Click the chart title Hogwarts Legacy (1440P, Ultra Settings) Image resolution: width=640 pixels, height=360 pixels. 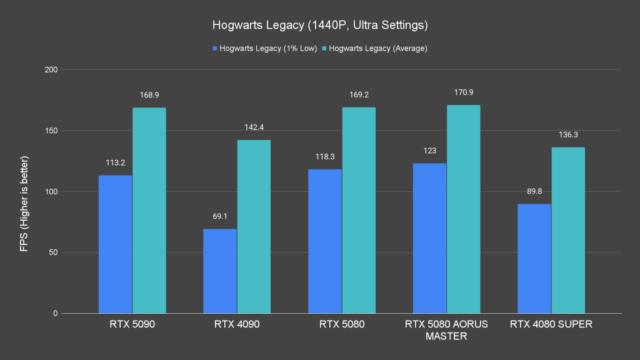coord(319,26)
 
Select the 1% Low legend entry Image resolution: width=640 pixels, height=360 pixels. coord(262,48)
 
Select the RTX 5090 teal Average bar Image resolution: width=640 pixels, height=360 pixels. coord(149,210)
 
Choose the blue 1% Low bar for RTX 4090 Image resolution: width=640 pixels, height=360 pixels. coord(220,271)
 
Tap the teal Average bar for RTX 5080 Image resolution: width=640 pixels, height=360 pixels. coord(359,210)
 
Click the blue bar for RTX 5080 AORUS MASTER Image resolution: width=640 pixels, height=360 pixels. coord(429,238)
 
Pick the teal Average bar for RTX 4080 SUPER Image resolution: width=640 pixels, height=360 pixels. coord(568,230)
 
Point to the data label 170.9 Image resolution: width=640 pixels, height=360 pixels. coord(464,92)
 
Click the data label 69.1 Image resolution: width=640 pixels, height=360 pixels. coord(220,216)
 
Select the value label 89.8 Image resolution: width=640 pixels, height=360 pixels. coord(534,191)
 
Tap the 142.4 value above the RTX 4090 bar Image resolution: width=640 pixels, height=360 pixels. coord(254,127)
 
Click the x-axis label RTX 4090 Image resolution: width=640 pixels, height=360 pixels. coord(237,324)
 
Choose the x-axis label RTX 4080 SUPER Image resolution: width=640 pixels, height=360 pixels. coord(551,324)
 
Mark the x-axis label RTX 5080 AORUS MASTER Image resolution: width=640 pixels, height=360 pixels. coord(446,329)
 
